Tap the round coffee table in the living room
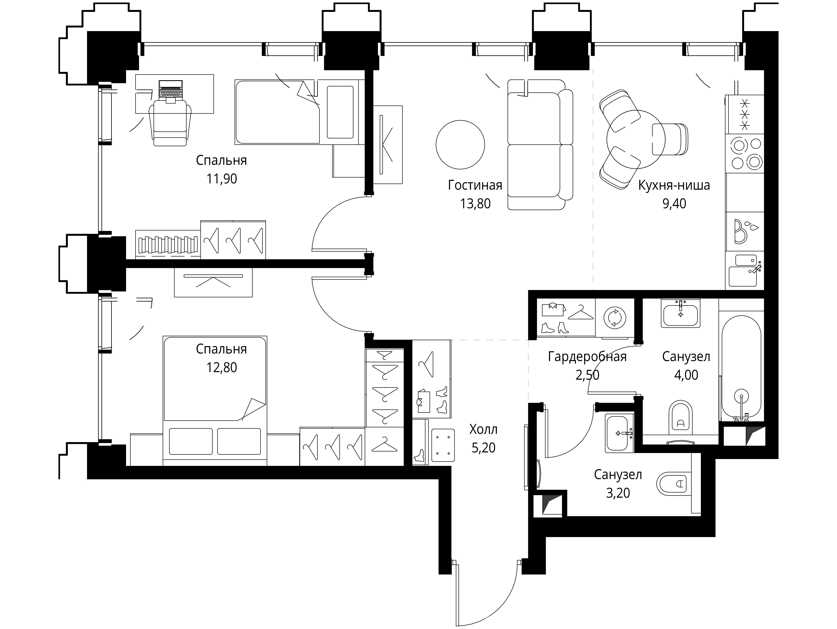(x=460, y=145)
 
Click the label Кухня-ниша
(x=674, y=185)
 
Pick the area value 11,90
(x=222, y=179)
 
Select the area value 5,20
(x=483, y=448)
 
